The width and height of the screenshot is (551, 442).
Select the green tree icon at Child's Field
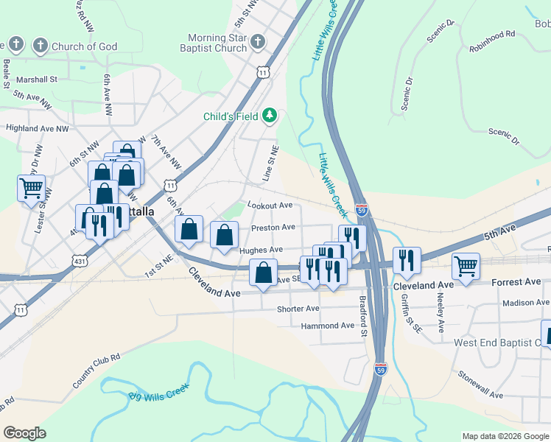270,115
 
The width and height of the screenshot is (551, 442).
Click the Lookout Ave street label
270,205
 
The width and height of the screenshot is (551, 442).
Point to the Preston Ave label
273,228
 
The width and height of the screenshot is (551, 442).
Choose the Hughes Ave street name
262,250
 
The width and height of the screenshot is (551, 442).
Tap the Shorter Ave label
298,309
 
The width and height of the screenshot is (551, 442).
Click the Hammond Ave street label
328,326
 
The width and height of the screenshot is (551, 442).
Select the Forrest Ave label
516,282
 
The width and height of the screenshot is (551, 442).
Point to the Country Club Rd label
96,371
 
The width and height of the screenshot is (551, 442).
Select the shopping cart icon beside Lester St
31,188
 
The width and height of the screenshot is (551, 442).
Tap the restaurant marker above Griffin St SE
407,259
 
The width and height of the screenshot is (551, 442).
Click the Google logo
24,433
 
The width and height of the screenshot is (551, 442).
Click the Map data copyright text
505,436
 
